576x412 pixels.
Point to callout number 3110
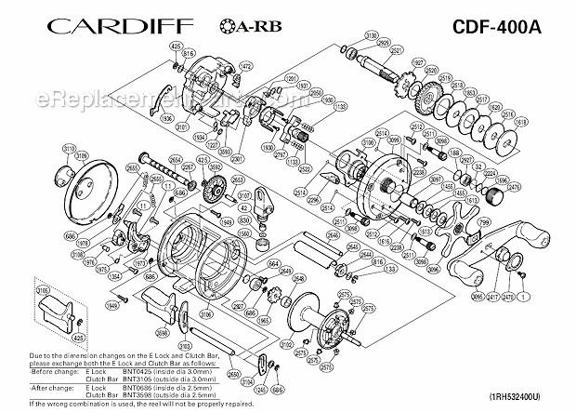point(69,148)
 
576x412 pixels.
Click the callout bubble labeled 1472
point(246,66)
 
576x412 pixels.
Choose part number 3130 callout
point(370,35)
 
